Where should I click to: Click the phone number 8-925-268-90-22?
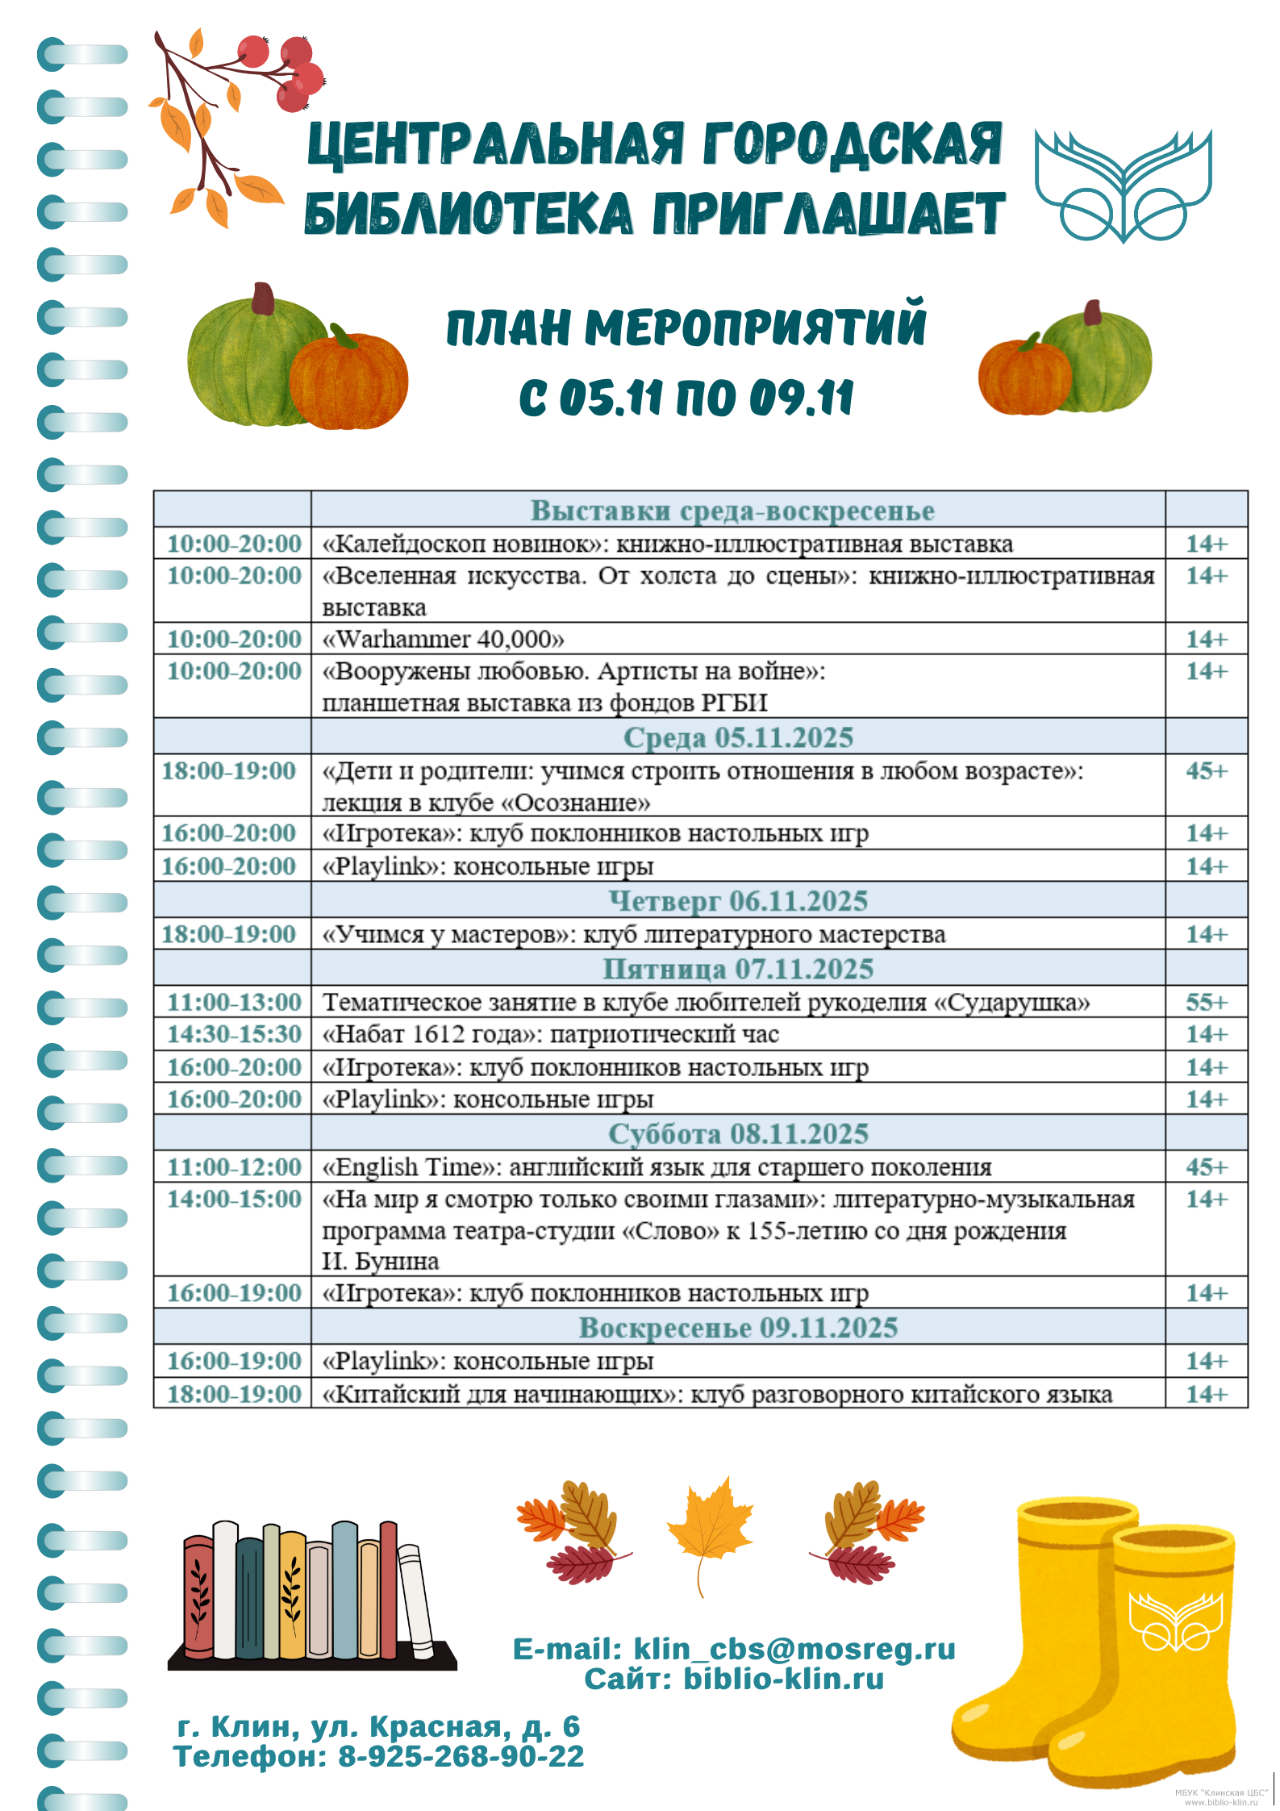461,1756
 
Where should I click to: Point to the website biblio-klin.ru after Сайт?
783,1679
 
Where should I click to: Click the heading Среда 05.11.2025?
738,737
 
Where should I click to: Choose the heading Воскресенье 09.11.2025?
738,1328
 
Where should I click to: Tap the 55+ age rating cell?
1206,1002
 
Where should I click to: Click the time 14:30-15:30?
234,1034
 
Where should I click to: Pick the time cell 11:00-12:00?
234,1167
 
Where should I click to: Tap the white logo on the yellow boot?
1175,1621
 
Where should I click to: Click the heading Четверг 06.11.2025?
738,901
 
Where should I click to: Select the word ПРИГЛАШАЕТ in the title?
829,214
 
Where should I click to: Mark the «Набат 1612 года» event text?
550,1034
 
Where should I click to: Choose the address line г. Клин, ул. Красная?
377,1725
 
